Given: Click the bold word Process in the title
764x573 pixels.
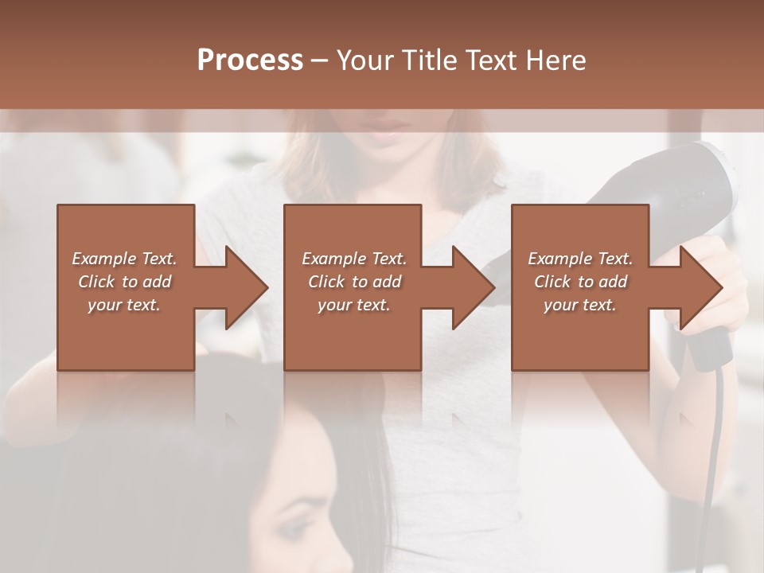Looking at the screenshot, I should point(250,60).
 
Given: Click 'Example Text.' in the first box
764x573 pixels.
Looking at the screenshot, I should point(124,259).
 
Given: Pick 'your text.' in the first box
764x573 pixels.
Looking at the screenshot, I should point(124,305).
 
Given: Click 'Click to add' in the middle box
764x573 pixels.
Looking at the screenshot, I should point(354,282).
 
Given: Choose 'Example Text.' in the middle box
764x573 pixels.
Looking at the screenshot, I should point(354,259).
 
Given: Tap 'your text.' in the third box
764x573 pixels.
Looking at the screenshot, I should point(580,305).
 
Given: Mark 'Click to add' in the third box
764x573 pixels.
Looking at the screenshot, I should point(580,282).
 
